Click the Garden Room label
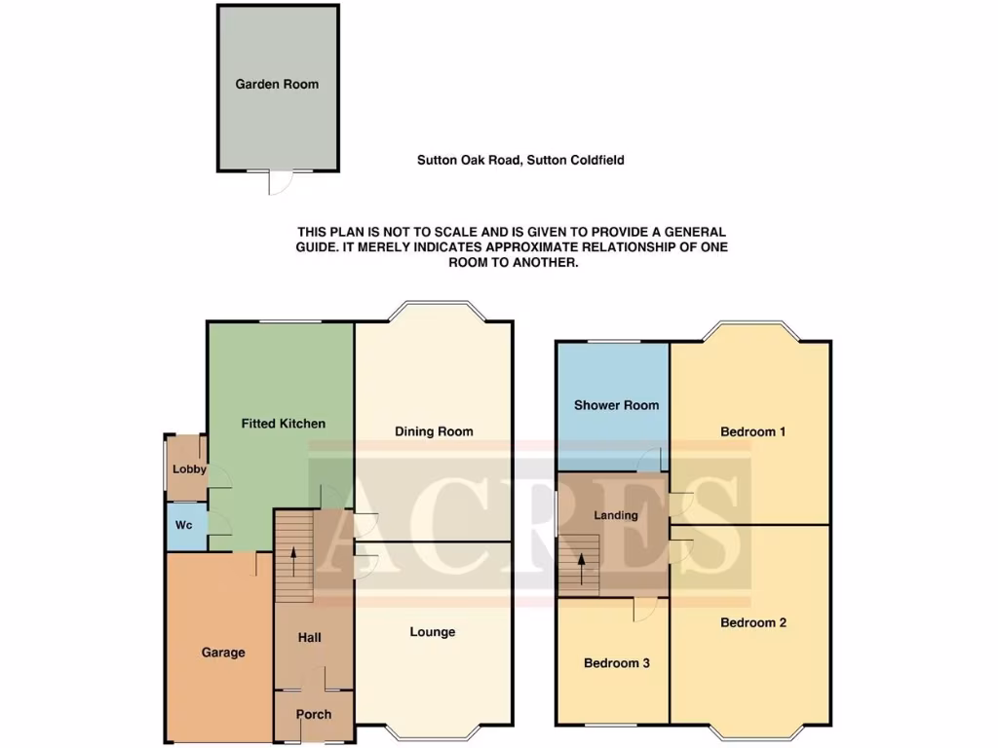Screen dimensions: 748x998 277,85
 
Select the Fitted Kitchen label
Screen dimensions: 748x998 283,424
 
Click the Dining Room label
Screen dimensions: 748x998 434,431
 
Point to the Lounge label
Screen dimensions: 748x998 432,632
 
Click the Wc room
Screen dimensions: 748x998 184,526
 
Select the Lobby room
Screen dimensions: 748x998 188,469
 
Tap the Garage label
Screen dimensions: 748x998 223,653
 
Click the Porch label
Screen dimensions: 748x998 314,715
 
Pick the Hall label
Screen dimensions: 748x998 310,638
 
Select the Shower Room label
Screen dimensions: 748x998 616,405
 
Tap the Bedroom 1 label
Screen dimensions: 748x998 752,431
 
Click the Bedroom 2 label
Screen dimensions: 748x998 752,623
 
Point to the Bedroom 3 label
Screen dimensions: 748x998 616,663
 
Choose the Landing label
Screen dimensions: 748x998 616,515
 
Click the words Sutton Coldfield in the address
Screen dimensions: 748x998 575,160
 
